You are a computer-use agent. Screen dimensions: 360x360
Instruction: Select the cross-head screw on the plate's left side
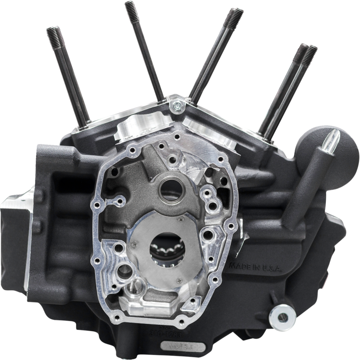[133, 245]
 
